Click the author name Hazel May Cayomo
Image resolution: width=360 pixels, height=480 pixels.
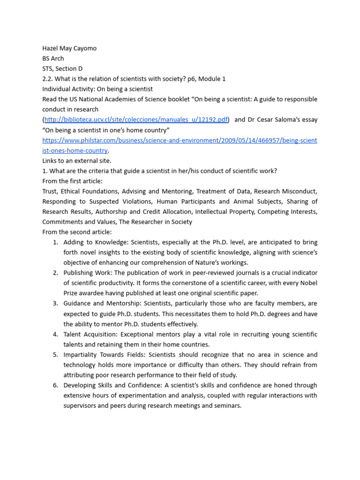pos(69,48)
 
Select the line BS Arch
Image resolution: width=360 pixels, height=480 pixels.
pos(53,59)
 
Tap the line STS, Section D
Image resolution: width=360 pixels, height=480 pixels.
pos(62,68)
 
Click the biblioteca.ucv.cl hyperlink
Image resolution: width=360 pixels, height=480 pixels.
pos(136,120)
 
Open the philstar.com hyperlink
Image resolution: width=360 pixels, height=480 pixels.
pos(180,140)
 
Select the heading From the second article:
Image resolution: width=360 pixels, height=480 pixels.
pos(77,232)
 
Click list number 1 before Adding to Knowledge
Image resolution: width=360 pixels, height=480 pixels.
pos(55,242)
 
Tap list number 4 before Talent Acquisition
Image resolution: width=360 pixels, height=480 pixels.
pos(55,334)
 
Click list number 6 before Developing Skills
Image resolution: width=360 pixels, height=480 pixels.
pos(55,385)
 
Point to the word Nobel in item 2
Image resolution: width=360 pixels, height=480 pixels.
pos(307,283)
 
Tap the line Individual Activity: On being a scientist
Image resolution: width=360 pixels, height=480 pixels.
pos(97,89)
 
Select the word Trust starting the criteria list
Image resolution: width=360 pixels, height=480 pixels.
pos(49,191)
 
